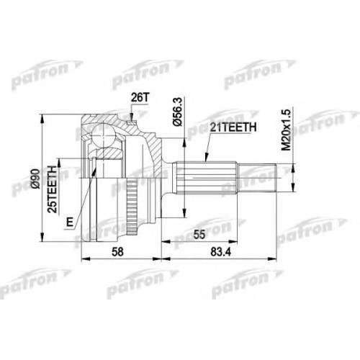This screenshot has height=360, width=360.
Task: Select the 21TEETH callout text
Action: (x=233, y=128)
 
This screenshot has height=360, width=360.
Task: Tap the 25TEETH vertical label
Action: (x=53, y=189)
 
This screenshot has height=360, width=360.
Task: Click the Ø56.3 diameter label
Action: (x=178, y=112)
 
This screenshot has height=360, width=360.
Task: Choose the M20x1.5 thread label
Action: (x=286, y=130)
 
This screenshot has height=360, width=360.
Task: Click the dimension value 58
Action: (x=118, y=252)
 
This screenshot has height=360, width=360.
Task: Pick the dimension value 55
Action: (x=199, y=235)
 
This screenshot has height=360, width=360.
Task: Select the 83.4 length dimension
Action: (x=220, y=252)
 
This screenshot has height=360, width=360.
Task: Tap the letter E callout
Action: (x=70, y=222)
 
